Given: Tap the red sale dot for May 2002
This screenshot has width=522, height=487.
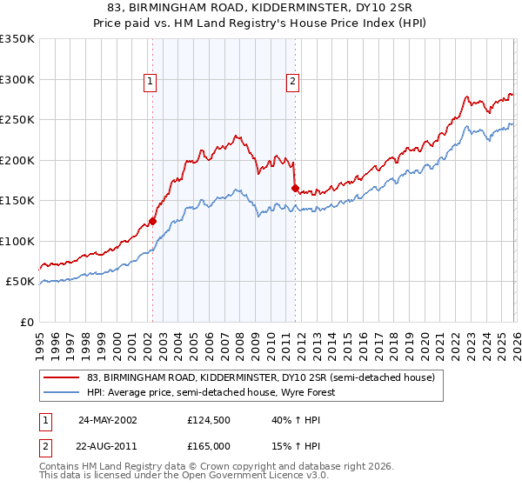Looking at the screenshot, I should [x=152, y=221].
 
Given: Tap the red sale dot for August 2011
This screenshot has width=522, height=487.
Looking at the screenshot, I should [x=295, y=188].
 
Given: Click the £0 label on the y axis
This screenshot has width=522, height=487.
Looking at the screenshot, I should [x=26, y=322].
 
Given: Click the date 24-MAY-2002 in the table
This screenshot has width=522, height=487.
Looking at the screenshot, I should [x=107, y=419].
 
